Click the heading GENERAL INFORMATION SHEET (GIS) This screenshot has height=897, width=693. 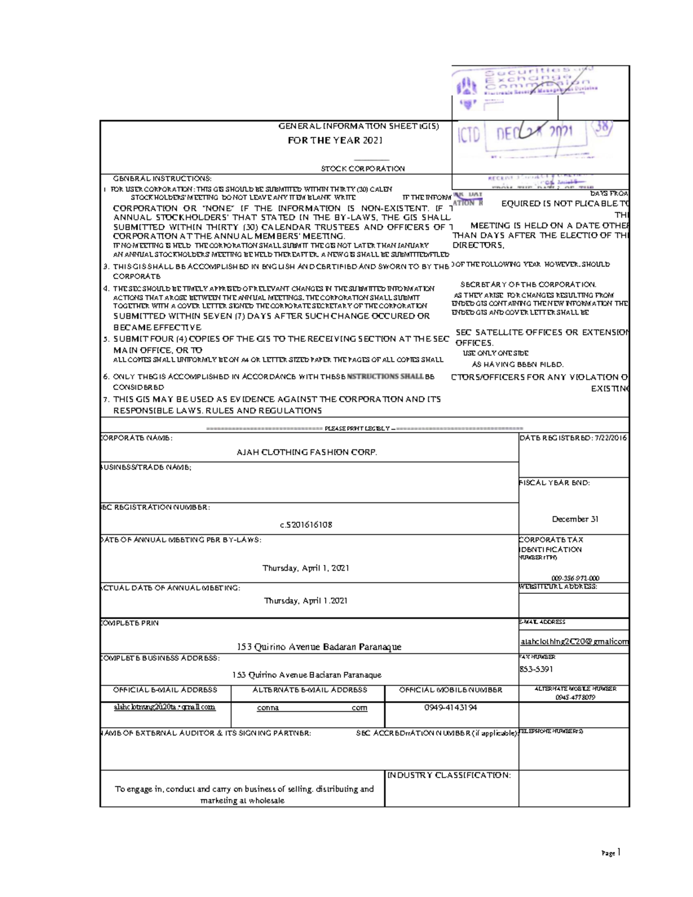click(359, 126)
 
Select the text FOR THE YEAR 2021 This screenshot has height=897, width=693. click(335, 140)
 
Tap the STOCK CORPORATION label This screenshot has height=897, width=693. click(363, 169)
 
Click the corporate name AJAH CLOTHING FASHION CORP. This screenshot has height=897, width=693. click(307, 452)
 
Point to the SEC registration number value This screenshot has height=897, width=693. click(306, 525)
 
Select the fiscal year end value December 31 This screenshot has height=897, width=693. click(575, 519)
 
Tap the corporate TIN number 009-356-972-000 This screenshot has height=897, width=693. click(575, 578)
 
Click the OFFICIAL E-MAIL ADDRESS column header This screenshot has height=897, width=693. click(165, 690)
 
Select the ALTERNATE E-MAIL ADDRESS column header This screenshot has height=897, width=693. click(310, 690)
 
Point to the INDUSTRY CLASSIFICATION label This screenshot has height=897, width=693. click(449, 775)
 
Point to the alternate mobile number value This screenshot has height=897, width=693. click(575, 697)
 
